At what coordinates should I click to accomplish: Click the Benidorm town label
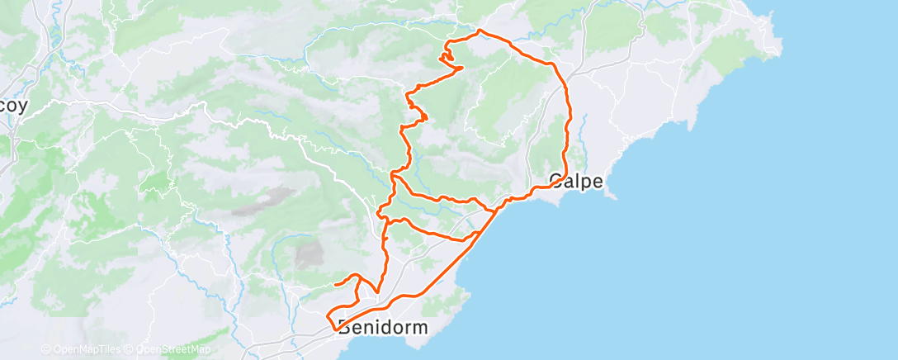coord(383,328)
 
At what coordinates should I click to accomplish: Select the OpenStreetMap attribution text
coord(165,349)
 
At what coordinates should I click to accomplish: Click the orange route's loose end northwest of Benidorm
coord(335,284)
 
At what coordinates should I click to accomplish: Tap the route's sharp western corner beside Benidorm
coord(328,317)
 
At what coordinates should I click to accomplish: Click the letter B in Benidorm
coord(344,328)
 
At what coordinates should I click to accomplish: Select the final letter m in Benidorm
coord(420,328)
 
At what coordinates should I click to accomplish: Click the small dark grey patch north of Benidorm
coord(309,254)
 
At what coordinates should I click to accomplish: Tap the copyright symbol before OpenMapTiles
coord(45,349)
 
